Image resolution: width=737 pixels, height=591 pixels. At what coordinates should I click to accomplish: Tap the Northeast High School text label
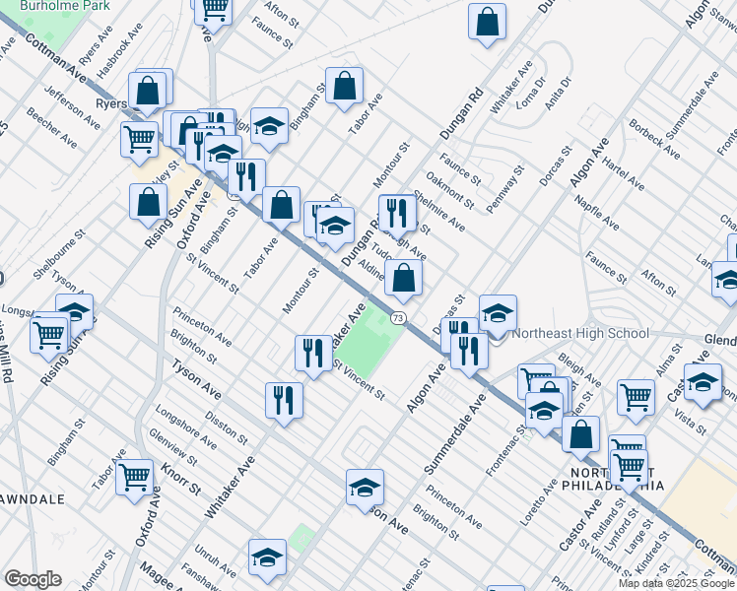pyautogui.click(x=581, y=333)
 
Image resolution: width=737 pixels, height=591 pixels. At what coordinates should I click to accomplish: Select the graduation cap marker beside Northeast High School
pyautogui.click(x=499, y=314)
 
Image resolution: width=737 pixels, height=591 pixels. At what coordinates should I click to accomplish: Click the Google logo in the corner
pyautogui.click(x=33, y=579)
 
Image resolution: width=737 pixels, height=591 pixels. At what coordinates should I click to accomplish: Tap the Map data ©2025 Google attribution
pyautogui.click(x=676, y=583)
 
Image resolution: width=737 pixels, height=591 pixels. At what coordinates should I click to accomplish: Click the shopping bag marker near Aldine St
pyautogui.click(x=404, y=279)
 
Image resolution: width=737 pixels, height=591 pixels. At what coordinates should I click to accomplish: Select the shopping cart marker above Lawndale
pyautogui.click(x=135, y=478)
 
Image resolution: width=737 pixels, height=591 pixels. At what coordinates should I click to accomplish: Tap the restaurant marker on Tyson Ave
pyautogui.click(x=283, y=399)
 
